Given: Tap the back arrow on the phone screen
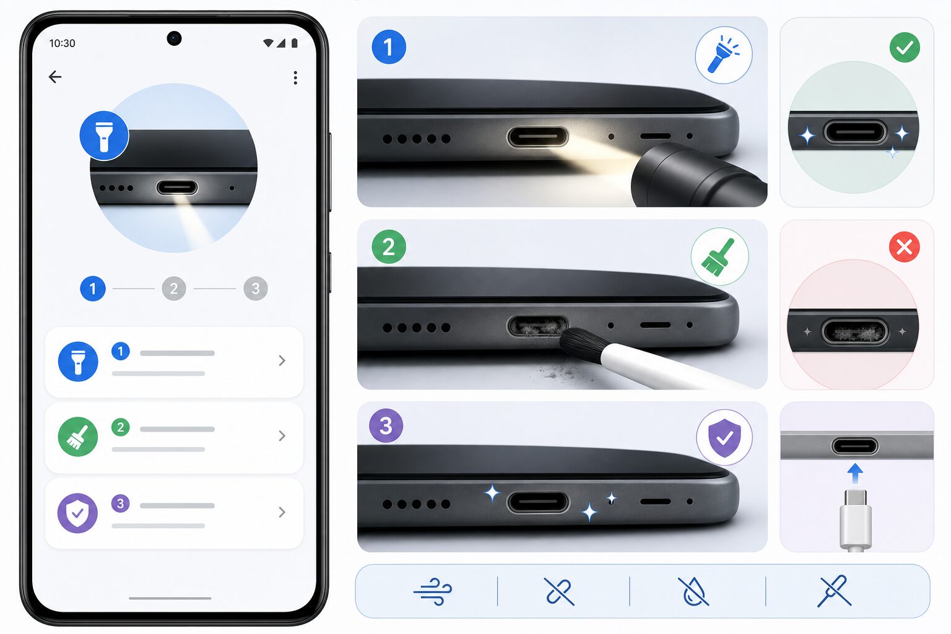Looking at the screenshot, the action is pyautogui.click(x=55, y=77).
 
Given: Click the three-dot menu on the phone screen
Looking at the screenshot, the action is pyautogui.click(x=295, y=78).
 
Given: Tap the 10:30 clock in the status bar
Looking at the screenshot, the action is pyautogui.click(x=62, y=43).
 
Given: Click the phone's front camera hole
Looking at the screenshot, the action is pyautogui.click(x=174, y=38).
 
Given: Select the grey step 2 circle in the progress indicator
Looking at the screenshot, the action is pyautogui.click(x=174, y=289).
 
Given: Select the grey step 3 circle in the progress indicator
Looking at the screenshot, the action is pyautogui.click(x=256, y=289).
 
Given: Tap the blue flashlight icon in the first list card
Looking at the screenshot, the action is pyautogui.click(x=78, y=362).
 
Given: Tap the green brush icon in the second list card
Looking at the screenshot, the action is pyautogui.click(x=77, y=437).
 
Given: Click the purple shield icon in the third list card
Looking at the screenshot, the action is pyautogui.click(x=77, y=513).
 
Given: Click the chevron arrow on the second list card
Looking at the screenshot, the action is pyautogui.click(x=282, y=436).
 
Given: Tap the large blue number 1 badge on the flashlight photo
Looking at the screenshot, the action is pyautogui.click(x=389, y=47).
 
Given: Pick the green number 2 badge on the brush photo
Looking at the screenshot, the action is pyautogui.click(x=389, y=246).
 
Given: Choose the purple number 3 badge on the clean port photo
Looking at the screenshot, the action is pyautogui.click(x=386, y=425).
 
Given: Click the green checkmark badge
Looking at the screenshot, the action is pyautogui.click(x=905, y=48).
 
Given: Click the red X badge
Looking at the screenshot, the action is pyautogui.click(x=905, y=246).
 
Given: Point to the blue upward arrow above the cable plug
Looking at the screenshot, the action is pyautogui.click(x=855, y=474).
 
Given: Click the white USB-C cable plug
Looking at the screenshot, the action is pyautogui.click(x=856, y=520).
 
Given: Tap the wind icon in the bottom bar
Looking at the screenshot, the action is pyautogui.click(x=433, y=591).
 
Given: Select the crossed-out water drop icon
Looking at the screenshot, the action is pyautogui.click(x=693, y=591).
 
